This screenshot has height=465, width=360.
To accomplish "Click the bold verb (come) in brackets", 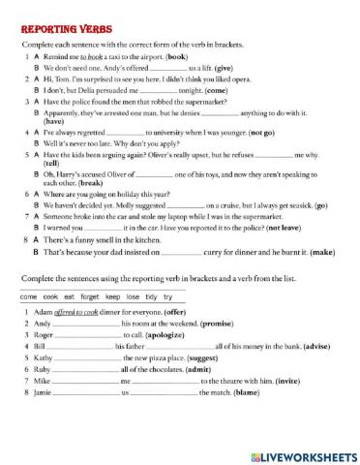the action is coord(207,92).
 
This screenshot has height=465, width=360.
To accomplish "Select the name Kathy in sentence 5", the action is coord(43,357).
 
